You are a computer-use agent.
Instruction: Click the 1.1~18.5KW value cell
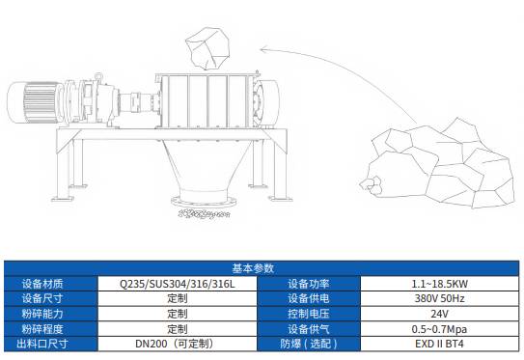click(439, 284)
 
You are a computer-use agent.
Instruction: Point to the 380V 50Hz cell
click(439, 298)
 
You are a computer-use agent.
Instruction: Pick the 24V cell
click(439, 313)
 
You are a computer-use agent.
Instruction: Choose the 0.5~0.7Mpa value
click(439, 328)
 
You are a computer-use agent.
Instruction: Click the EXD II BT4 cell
click(439, 343)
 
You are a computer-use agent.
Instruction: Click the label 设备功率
click(309, 284)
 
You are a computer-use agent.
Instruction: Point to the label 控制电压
click(309, 313)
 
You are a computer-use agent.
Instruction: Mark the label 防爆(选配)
click(309, 343)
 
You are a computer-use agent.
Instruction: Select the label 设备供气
click(309, 328)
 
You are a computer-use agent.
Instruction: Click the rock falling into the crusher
click(205, 42)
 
